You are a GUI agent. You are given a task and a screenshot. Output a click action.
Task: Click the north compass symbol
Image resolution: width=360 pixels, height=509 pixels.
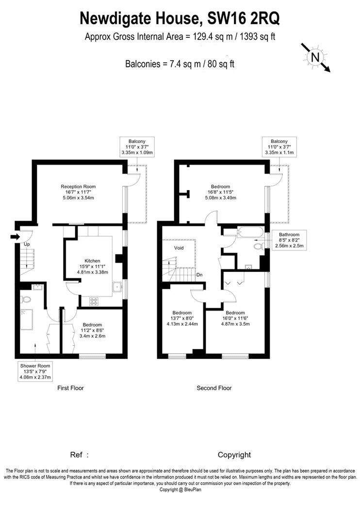tap(315, 58)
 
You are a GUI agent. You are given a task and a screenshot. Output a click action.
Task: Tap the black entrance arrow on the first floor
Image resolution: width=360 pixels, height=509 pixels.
tap(15, 238)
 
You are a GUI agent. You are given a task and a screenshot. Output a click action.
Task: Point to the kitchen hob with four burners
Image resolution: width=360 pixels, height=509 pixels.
tap(94, 301)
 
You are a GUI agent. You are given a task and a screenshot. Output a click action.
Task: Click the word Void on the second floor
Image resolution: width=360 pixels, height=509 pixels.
tap(179, 248)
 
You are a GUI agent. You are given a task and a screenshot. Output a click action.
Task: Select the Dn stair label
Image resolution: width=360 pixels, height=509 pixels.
tap(199, 275)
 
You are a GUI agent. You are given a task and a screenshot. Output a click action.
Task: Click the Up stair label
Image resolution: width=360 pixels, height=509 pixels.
tap(27, 244)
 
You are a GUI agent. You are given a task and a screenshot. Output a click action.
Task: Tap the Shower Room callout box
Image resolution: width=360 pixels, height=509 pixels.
tap(35, 371)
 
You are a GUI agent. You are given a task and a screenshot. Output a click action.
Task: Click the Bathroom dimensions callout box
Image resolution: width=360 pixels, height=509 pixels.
tap(289, 240)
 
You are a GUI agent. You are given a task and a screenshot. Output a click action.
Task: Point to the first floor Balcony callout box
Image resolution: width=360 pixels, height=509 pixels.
tap(137, 147)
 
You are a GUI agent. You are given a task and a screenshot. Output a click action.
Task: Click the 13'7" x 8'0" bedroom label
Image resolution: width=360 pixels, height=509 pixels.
tap(182, 318)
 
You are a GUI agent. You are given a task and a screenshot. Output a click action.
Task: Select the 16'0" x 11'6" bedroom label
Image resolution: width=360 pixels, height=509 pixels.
tap(235, 318)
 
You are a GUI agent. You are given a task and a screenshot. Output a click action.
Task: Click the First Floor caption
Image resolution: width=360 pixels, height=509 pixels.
tap(70, 388)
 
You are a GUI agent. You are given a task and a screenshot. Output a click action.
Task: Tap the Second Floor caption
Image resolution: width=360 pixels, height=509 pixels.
tap(214, 388)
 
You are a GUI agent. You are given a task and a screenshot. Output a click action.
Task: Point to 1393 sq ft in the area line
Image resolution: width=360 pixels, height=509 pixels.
tap(257, 36)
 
